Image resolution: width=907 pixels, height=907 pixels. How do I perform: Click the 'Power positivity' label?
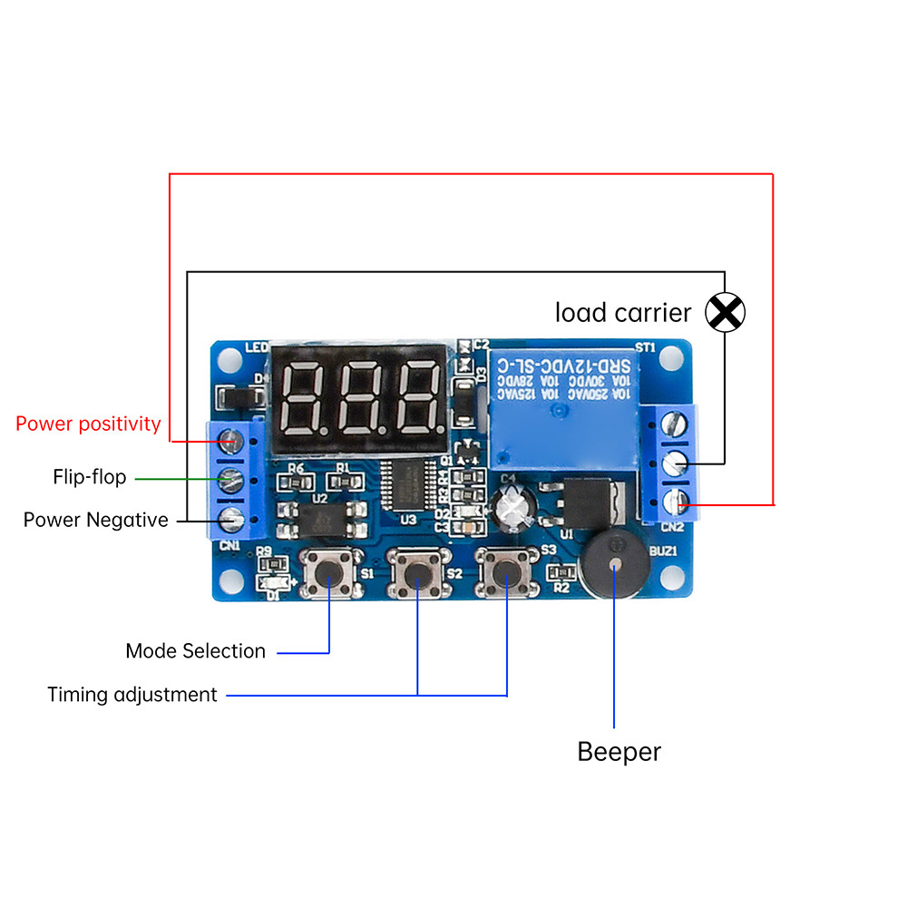click(x=88, y=424)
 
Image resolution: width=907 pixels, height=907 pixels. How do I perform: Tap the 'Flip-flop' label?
click(x=89, y=477)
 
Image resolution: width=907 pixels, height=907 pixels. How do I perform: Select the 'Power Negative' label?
click(x=95, y=521)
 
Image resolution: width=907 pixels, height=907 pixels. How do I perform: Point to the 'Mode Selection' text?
click(x=195, y=651)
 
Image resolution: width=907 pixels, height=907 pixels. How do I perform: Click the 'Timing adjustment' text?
click(x=132, y=695)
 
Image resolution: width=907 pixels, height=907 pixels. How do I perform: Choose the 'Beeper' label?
click(x=619, y=752)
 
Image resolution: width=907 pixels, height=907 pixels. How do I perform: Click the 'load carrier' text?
click(x=623, y=313)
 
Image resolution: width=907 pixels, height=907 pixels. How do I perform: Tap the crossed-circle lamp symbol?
click(x=725, y=313)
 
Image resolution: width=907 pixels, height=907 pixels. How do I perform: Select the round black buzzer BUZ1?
click(x=615, y=565)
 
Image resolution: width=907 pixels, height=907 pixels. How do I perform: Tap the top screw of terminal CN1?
click(x=232, y=441)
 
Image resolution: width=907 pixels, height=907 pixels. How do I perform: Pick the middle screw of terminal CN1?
click(x=232, y=480)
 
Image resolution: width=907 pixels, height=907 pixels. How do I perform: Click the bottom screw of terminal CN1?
click(x=232, y=520)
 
